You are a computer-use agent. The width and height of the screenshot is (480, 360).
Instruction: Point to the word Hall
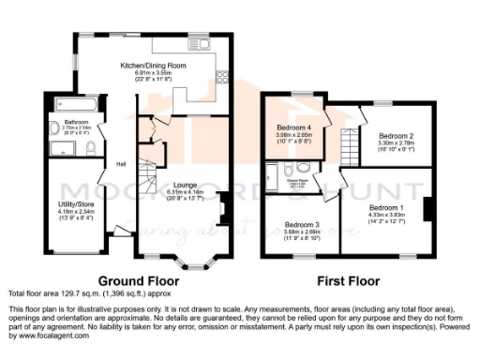click(x=121, y=165)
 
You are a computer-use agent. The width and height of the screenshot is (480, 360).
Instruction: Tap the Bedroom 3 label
click(x=303, y=225)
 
